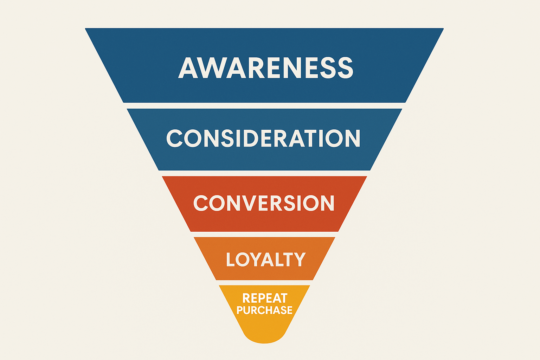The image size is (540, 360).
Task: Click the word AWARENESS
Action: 266,67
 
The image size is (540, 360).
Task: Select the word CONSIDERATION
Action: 263,138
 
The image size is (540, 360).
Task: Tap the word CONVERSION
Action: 264,203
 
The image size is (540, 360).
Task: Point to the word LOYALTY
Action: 266,259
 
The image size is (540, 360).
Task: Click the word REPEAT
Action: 265,298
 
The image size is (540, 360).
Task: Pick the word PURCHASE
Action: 264,310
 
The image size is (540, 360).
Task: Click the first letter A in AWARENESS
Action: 188,68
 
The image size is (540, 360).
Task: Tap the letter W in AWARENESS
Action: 212,68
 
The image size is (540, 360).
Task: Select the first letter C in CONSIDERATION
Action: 174,138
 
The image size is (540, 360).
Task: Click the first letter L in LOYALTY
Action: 230,259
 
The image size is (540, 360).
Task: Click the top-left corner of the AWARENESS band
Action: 85,28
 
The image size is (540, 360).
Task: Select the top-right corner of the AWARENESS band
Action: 443,28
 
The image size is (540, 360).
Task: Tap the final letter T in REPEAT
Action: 283,298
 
